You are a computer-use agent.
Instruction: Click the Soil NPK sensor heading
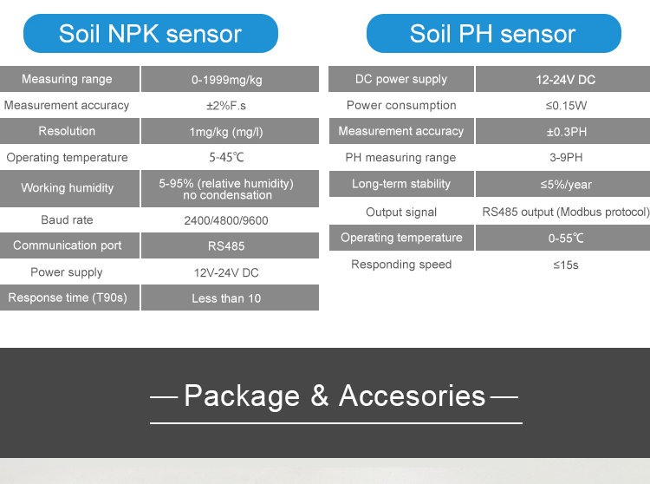tap(150, 34)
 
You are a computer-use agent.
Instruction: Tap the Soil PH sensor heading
tap(493, 34)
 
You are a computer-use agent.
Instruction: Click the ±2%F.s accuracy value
tap(226, 106)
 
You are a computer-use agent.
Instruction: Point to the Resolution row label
tap(67, 131)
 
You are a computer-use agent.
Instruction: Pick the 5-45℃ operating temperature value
tap(226, 157)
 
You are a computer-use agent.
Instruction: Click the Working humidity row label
tap(67, 188)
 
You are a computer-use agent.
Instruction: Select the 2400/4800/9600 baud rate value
tap(226, 220)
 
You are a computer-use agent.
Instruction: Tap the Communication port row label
tap(67, 245)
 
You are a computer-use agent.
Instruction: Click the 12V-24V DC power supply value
tap(226, 273)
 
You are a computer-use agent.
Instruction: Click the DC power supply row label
tap(401, 79)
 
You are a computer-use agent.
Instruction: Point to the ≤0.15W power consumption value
tap(566, 106)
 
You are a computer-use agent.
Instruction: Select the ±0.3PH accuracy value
tap(567, 132)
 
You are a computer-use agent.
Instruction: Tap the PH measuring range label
tap(400, 158)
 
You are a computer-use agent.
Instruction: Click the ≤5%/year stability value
tap(566, 185)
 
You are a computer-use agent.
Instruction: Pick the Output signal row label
tap(401, 213)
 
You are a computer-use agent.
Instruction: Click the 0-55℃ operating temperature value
tap(566, 238)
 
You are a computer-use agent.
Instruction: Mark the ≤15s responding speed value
tap(566, 265)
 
